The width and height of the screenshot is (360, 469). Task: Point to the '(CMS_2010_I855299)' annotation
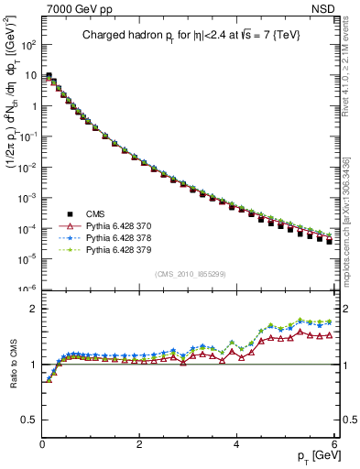click(x=188, y=274)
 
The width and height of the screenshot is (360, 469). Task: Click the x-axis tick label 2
click(x=139, y=442)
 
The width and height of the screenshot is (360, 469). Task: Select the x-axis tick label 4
click(x=236, y=442)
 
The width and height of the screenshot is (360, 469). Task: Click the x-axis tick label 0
click(x=42, y=442)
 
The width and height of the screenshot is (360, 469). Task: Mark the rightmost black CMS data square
click(x=329, y=241)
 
